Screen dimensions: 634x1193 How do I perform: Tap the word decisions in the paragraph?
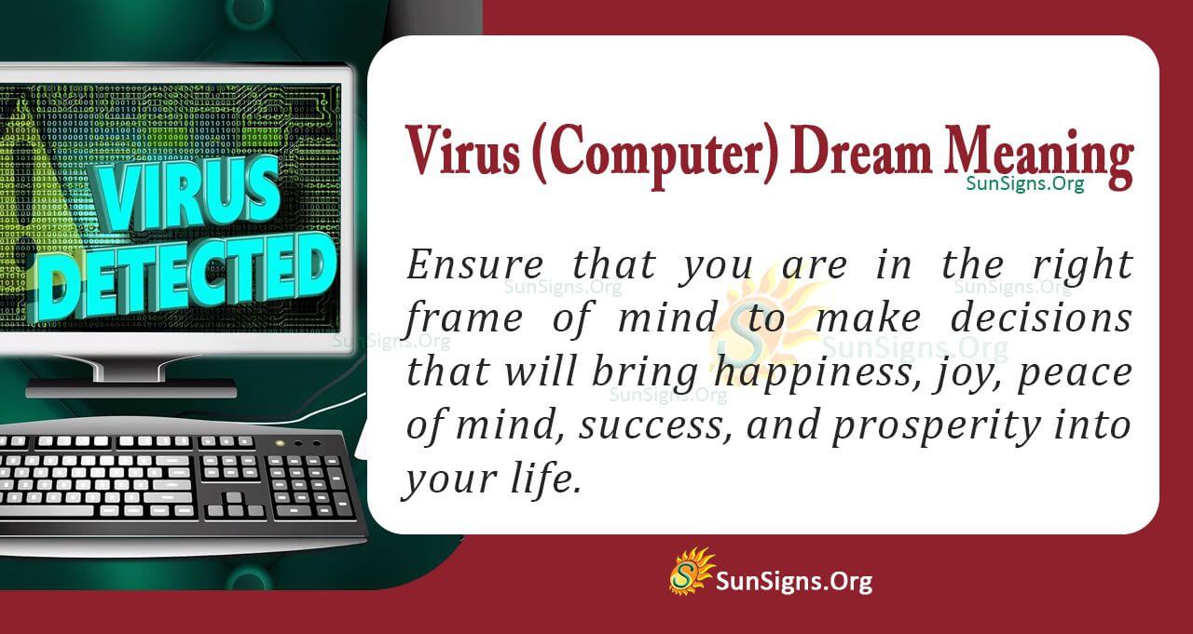coord(1040,319)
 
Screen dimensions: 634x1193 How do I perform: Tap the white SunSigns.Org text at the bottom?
coord(794,582)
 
